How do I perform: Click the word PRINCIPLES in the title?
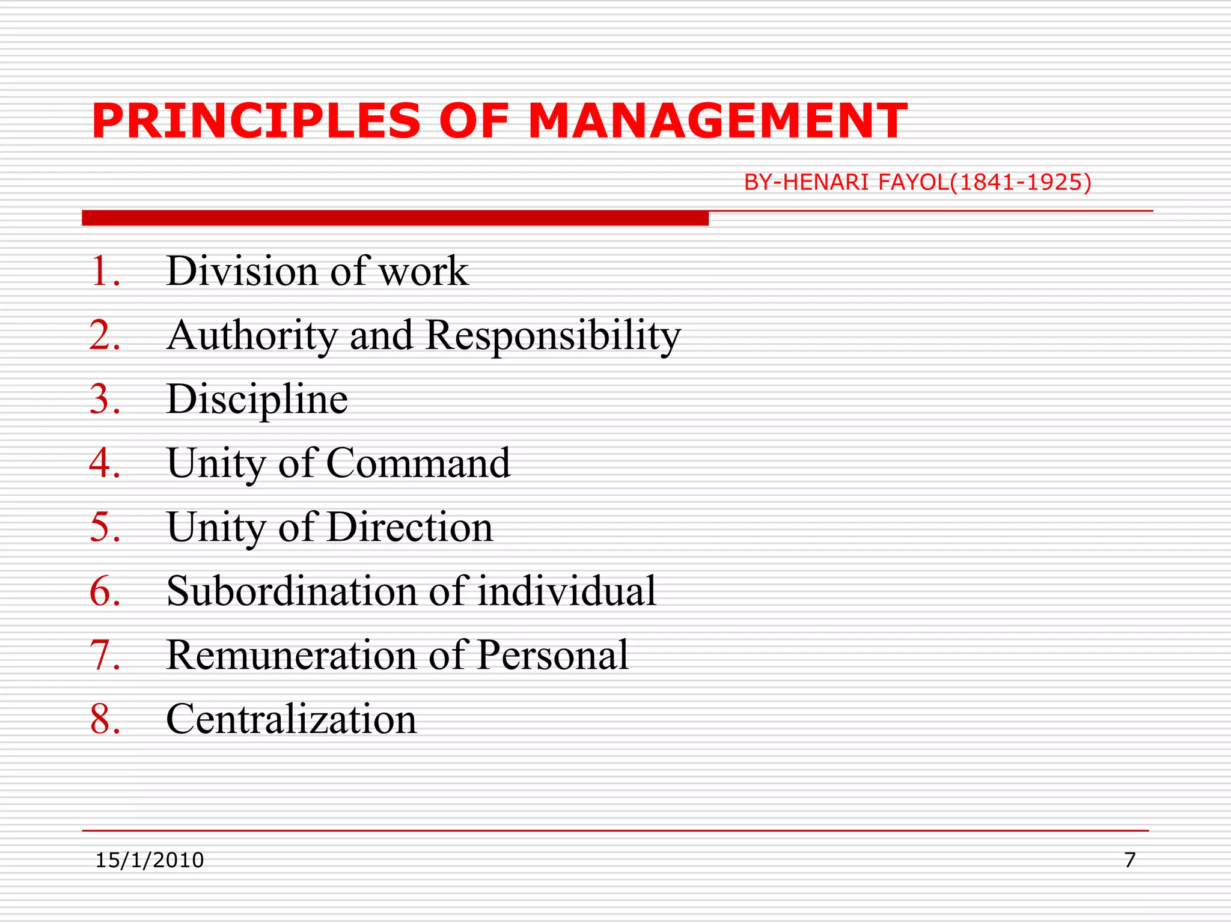pyautogui.click(x=257, y=121)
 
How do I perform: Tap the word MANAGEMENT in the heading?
pyautogui.click(x=718, y=121)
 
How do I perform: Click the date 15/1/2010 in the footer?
pyautogui.click(x=150, y=860)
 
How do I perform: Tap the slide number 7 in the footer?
pyautogui.click(x=1129, y=860)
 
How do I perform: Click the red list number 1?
pyautogui.click(x=105, y=271)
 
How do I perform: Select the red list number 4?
pyautogui.click(x=105, y=463)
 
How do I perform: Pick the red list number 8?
pyautogui.click(x=105, y=719)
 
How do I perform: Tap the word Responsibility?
pyautogui.click(x=553, y=335)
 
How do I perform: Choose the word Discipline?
pyautogui.click(x=257, y=400)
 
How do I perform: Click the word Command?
pyautogui.click(x=418, y=463)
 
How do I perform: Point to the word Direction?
pyautogui.click(x=410, y=527)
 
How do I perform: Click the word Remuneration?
pyautogui.click(x=292, y=655)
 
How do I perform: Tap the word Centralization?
pyautogui.click(x=292, y=719)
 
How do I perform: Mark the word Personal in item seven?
pyautogui.click(x=553, y=655)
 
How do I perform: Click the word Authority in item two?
pyautogui.click(x=252, y=335)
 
